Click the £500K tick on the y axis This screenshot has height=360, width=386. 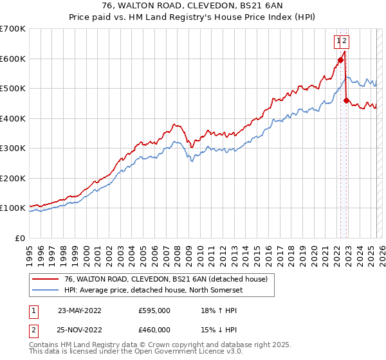tap(13, 89)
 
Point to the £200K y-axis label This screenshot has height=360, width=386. tap(13, 178)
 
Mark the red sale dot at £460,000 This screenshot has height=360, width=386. tap(346, 100)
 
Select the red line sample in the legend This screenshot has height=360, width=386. tap(45, 278)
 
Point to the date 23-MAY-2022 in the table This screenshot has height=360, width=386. tap(79, 310)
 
